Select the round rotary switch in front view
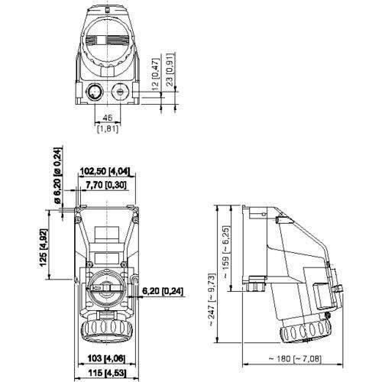pos(106,288)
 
